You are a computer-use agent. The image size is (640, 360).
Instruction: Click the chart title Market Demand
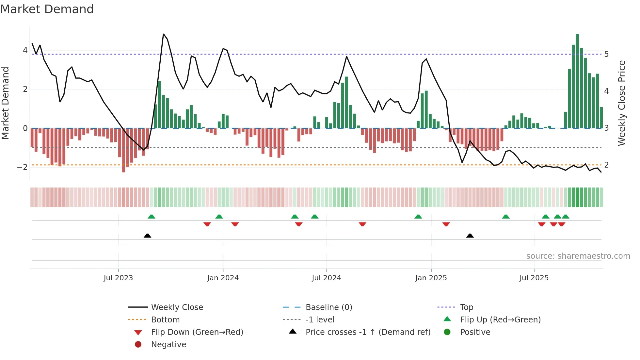[x=47, y=9]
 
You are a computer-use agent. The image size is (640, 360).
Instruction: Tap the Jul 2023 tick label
[x=118, y=278]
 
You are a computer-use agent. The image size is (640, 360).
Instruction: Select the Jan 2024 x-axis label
[x=223, y=278]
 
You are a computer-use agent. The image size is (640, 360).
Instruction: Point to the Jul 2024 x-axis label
[x=326, y=278]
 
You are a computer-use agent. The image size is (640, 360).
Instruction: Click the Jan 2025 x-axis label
[x=431, y=278]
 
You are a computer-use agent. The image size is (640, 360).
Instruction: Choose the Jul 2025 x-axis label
[x=534, y=278]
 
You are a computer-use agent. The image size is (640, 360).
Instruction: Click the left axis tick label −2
[x=22, y=167]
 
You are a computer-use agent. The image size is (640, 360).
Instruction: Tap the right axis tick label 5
[x=606, y=54]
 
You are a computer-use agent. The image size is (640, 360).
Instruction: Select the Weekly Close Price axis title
[x=622, y=103]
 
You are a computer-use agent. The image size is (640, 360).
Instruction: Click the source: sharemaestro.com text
[x=578, y=256]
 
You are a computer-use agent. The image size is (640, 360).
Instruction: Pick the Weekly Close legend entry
[x=177, y=307]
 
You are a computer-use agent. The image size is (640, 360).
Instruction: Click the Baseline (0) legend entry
[x=328, y=307]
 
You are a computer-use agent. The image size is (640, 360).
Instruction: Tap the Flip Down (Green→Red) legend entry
[x=197, y=332]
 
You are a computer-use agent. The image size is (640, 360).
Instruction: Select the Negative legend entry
[x=168, y=345]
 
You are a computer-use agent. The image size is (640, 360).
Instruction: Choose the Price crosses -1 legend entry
[x=368, y=332]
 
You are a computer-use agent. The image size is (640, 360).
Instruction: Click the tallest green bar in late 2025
[x=577, y=82]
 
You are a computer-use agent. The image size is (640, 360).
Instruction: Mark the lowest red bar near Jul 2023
[x=123, y=150]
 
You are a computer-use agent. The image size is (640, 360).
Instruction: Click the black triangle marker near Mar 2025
[x=470, y=236]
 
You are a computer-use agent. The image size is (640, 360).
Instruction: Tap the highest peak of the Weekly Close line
[x=163, y=34]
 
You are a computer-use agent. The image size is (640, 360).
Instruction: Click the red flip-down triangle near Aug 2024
[x=362, y=224]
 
